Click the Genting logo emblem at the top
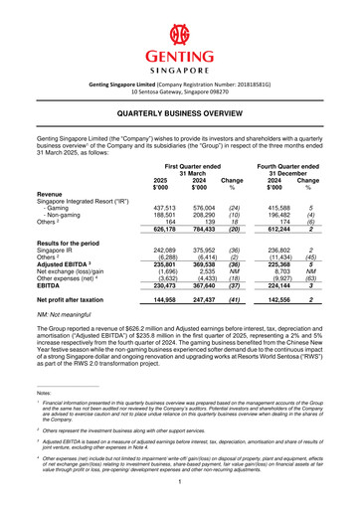point(179,33)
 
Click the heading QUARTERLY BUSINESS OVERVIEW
point(179,114)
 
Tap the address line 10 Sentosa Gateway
point(180,90)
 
